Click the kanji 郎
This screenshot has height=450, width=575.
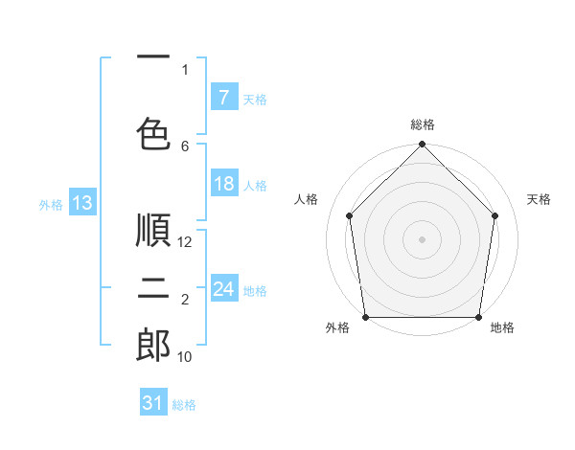153,346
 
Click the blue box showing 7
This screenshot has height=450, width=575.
223,97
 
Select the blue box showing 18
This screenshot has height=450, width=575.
223,184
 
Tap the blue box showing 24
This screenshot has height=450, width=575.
223,289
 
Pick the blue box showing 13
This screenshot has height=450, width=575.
81,203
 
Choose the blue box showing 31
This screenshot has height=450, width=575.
153,403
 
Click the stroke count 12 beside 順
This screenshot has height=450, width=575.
186,242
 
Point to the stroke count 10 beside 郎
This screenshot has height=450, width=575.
186,357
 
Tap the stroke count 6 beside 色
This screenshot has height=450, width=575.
185,146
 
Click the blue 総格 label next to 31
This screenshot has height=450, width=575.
185,405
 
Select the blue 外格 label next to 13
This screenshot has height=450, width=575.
50,204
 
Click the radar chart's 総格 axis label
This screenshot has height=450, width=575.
423,124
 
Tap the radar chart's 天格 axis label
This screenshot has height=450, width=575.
539,199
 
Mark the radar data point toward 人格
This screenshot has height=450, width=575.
349,215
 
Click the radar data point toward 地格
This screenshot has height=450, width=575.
478,317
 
